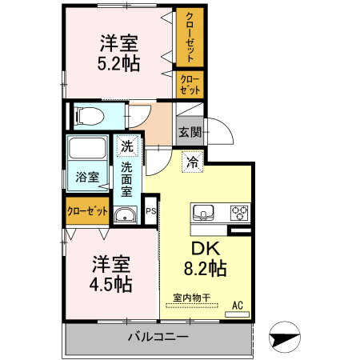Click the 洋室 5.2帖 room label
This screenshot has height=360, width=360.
(x=120, y=52)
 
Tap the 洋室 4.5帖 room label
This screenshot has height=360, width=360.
(x=111, y=274)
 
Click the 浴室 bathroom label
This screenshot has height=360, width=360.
(x=87, y=178)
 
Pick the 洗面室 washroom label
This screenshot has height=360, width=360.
(x=127, y=180)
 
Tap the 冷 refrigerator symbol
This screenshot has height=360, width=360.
(x=193, y=162)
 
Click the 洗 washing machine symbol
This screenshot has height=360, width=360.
(x=126, y=146)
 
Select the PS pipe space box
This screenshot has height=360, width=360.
(x=150, y=211)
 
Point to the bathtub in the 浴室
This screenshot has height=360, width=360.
(x=87, y=150)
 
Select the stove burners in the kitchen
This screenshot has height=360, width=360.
(x=238, y=213)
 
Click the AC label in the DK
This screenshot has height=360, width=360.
(x=237, y=305)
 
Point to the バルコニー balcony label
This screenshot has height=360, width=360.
(x=158, y=337)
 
